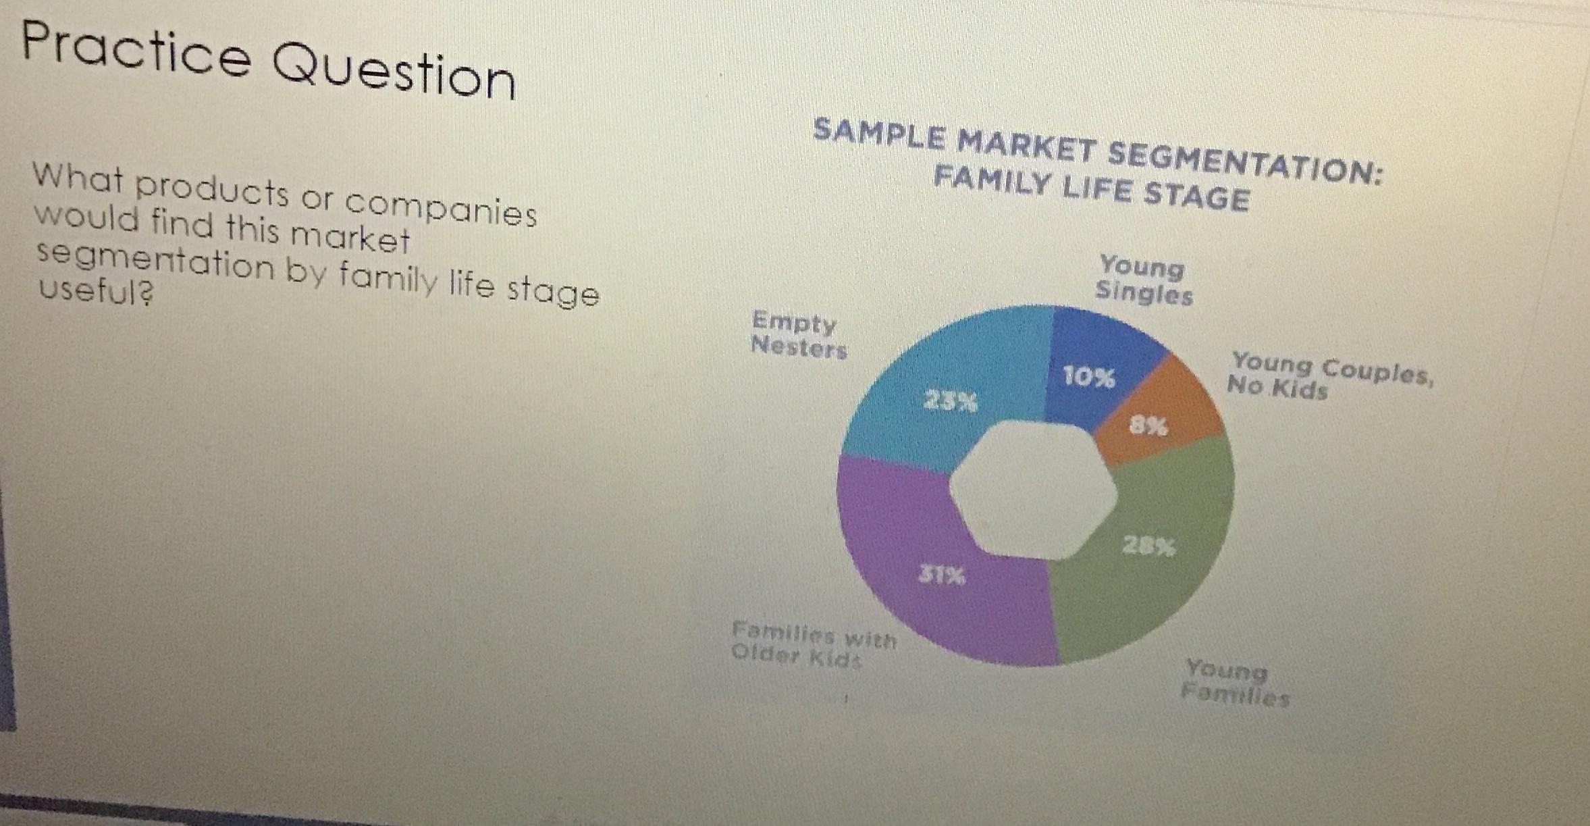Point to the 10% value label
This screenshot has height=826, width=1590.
1088,377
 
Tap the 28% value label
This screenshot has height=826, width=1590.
1148,546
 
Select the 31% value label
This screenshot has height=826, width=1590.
942,575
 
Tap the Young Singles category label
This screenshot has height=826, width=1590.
1142,280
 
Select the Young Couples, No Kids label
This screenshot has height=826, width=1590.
1327,376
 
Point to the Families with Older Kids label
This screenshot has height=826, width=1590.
814,645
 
